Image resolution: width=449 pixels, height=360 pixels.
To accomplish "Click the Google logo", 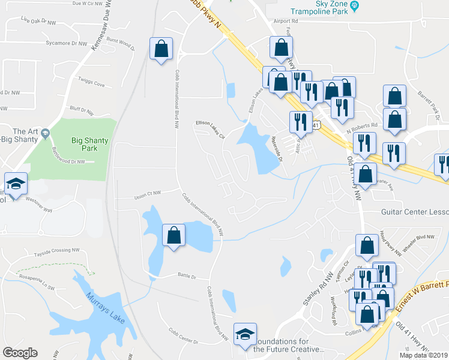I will click(x=20, y=353).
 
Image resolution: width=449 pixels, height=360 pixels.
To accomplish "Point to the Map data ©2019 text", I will click(x=423, y=355).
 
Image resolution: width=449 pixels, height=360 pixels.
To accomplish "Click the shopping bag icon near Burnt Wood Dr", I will click(x=161, y=49).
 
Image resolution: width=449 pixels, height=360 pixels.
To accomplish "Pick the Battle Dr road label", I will click(x=187, y=277).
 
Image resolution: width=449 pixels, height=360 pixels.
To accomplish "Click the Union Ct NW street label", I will click(x=148, y=193).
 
